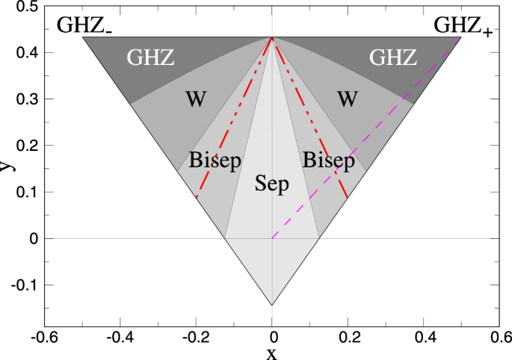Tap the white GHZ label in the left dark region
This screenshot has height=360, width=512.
pos(152,58)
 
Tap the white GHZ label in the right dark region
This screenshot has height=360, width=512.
pos(395,58)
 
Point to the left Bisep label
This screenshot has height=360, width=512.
pos(215,160)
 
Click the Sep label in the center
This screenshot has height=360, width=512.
pos(271,184)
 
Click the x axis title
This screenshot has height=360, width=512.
pos(272,353)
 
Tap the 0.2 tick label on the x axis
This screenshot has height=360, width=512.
pos(348,337)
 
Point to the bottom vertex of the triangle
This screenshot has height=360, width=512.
pos(272,305)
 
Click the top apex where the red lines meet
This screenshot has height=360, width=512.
pos(272,37)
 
